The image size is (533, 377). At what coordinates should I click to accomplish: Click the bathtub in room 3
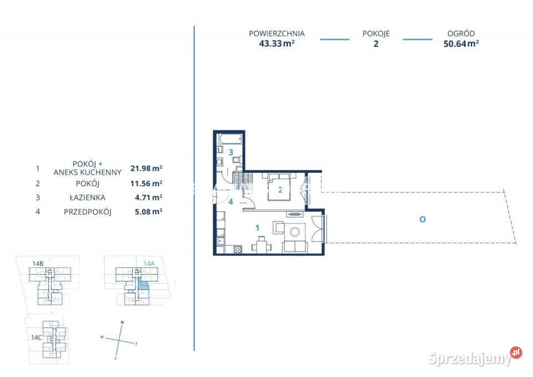coord(230,139)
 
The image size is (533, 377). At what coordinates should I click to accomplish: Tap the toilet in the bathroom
coord(237,160)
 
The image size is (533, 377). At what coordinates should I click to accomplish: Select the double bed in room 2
coord(279,187)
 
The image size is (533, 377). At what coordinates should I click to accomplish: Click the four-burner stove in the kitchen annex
coord(238,250)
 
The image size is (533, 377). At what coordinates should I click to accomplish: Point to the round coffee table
coord(295,232)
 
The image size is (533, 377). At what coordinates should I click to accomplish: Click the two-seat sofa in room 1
coord(295,246)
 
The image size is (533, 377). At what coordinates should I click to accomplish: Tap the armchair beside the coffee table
coord(278,228)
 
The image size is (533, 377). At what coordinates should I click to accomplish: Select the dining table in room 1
coord(262,246)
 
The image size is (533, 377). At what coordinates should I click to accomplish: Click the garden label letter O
coord(423,219)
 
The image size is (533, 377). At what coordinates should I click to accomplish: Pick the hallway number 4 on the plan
coord(230,202)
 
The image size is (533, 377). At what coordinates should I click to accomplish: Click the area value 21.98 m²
coord(147,168)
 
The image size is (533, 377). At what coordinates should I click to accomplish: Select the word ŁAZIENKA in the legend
coord(87,197)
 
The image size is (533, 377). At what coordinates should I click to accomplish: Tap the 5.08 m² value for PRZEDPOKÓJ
coord(149,211)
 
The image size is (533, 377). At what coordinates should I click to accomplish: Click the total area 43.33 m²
coord(276,43)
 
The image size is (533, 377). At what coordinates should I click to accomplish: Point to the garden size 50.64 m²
coord(461,43)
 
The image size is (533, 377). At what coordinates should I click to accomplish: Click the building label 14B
coord(38,264)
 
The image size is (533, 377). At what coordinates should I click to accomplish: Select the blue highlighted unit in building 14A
coord(143,284)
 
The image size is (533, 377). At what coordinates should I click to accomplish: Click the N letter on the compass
coord(122,322)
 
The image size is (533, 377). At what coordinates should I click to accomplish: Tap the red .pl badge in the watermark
coord(516,352)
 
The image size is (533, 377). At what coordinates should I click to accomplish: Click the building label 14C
coord(37,338)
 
